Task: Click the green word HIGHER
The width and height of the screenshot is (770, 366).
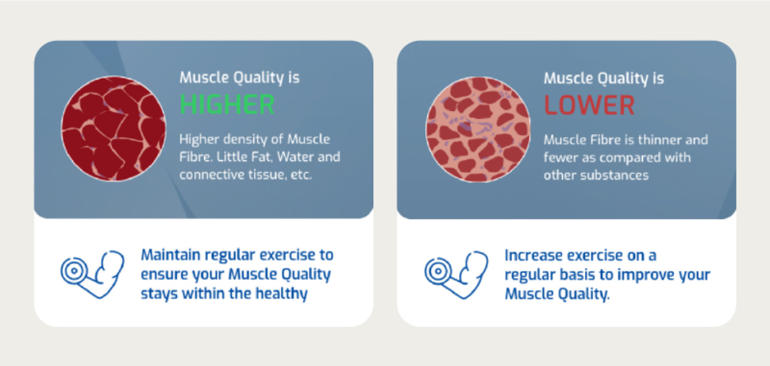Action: click(x=227, y=105)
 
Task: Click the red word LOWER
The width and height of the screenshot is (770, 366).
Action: click(x=589, y=105)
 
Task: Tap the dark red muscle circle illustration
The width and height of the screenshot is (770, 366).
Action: click(x=113, y=128)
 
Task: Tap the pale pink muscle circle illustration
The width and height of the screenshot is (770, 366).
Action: click(x=478, y=129)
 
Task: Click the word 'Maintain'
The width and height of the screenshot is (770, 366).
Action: click(x=170, y=255)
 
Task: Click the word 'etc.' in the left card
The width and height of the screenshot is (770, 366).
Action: click(x=301, y=175)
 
